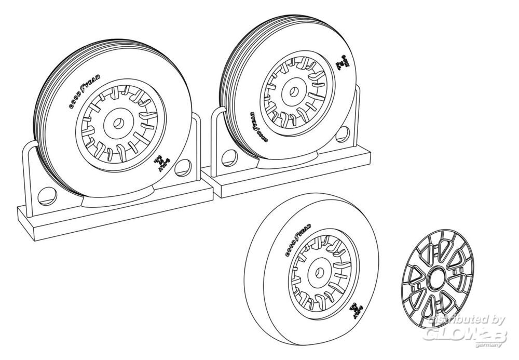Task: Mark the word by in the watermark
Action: tap(497, 321)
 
